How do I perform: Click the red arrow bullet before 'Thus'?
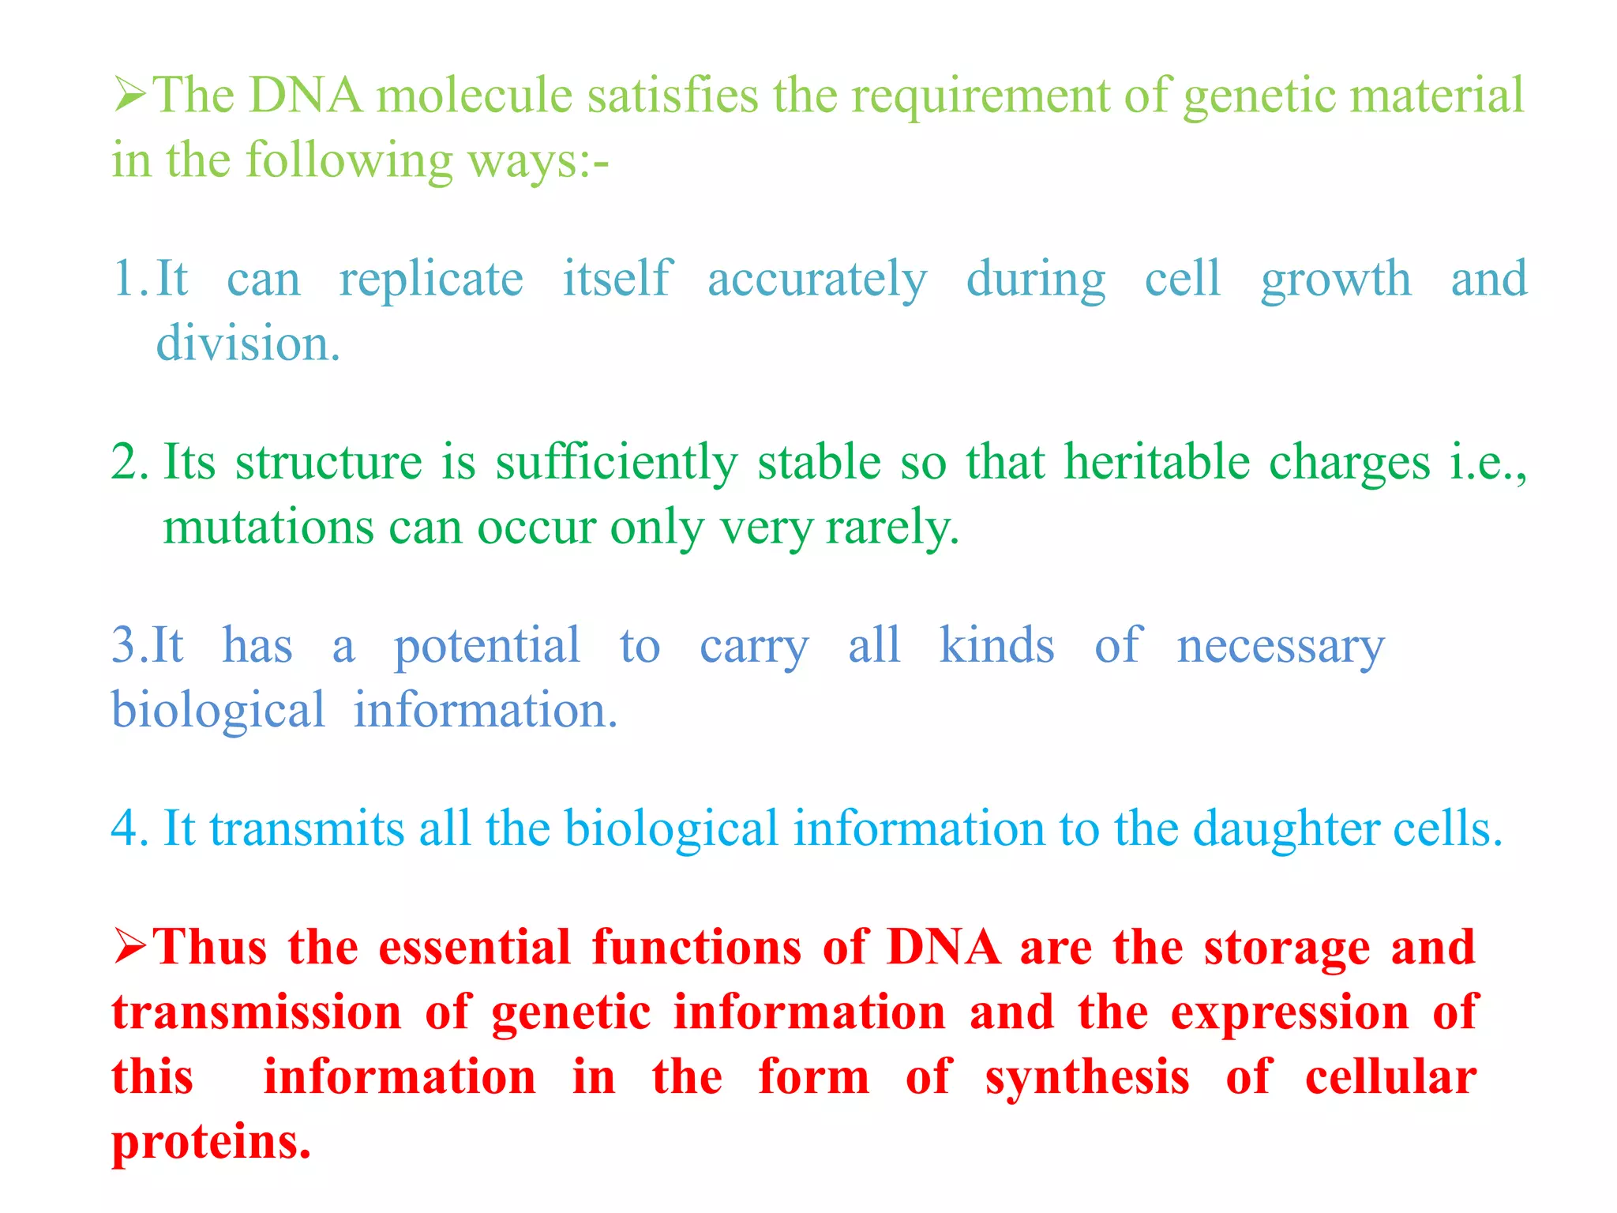pyautogui.click(x=130, y=947)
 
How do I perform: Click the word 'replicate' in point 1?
pyautogui.click(x=431, y=280)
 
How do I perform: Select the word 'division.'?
pyautogui.click(x=248, y=345)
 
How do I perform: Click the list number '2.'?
pyautogui.click(x=129, y=463)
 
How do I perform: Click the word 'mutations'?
pyautogui.click(x=268, y=528)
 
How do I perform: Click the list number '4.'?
pyautogui.click(x=129, y=830)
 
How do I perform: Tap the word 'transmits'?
pyautogui.click(x=307, y=830)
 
